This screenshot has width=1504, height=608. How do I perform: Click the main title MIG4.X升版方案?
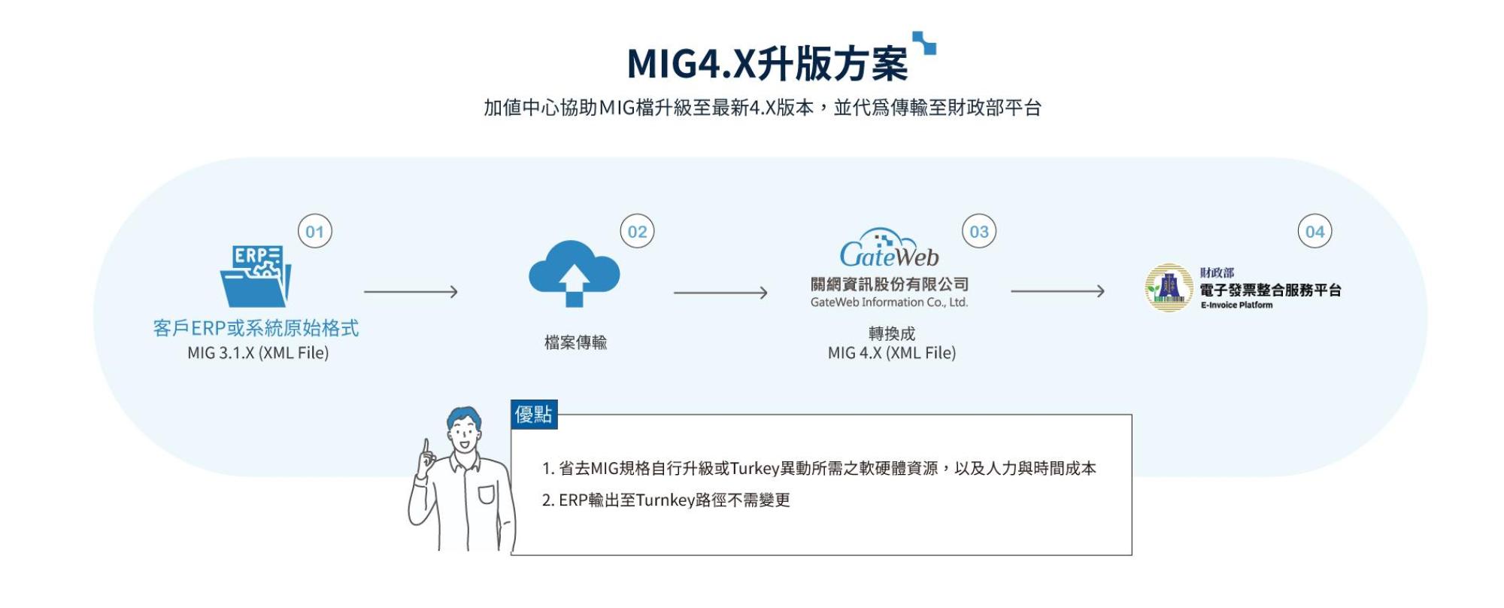pos(767,63)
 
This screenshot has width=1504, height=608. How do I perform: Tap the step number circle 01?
pos(315,232)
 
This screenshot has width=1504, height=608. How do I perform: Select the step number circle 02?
pos(637,232)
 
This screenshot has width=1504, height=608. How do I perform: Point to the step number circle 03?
pos(979,232)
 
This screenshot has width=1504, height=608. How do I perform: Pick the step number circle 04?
pos(1314,232)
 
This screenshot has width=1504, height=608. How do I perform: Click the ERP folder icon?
pos(256,276)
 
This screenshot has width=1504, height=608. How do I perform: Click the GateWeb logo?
pos(889,251)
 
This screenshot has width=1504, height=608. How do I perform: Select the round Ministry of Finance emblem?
pos(1168,287)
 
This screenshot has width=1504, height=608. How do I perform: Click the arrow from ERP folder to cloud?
pos(411,291)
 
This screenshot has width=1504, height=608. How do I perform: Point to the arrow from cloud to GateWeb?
pos(720,292)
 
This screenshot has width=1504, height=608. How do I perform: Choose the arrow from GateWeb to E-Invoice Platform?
pos(1057,290)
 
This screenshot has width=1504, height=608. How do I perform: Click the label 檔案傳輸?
pos(575,342)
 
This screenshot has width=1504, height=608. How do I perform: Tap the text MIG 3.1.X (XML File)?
pos(258,353)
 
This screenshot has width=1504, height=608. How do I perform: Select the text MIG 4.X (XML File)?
pos(891,353)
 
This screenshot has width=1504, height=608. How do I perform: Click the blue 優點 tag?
pos(534,414)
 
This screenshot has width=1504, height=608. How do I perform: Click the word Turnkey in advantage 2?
pos(665,500)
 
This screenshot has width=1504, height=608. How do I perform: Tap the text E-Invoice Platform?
pos(1236,306)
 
